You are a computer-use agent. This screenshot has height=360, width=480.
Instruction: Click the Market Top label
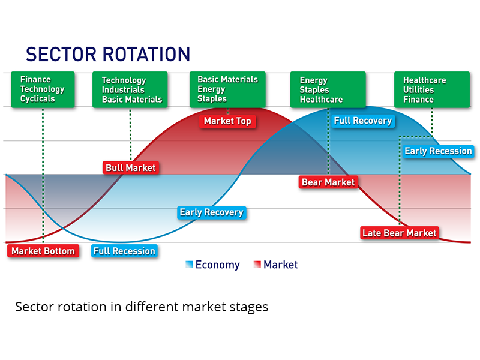point(227,121)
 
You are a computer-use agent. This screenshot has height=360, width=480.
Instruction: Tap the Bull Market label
point(131,168)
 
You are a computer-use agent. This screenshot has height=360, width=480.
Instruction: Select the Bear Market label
point(328,182)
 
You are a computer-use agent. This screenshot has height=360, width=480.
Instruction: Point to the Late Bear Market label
point(400,233)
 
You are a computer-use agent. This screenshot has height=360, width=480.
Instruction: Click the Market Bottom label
point(43,251)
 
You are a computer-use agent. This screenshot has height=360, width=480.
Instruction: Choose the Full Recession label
point(124,251)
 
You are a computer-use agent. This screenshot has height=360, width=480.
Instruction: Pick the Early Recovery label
point(212,212)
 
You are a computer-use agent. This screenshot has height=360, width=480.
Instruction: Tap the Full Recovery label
point(363,121)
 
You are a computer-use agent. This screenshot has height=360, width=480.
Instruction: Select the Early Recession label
point(438,151)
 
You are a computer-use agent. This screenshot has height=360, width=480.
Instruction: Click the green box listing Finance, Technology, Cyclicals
point(43,89)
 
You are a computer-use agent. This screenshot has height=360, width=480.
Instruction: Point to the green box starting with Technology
point(130,89)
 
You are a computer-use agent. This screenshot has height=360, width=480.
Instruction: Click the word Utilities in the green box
point(418,90)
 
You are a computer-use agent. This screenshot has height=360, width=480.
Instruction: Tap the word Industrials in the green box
point(123,90)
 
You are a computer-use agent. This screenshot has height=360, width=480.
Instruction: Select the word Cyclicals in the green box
point(38,99)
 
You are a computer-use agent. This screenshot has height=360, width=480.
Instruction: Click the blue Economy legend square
point(189,264)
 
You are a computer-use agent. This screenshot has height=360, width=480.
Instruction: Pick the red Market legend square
point(257,264)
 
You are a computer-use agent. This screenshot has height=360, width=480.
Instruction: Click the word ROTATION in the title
point(146,55)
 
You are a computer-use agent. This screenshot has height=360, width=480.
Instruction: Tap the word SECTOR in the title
point(61,55)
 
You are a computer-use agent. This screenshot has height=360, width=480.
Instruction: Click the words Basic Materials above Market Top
point(228,80)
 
